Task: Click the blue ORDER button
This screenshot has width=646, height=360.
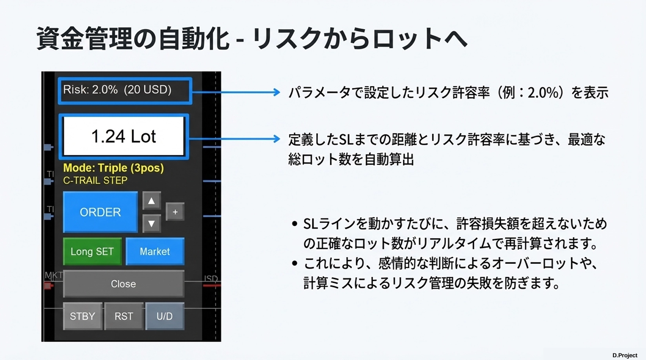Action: (x=100, y=212)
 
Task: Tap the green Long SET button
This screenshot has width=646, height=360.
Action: (x=92, y=251)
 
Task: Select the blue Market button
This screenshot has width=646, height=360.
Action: (x=155, y=251)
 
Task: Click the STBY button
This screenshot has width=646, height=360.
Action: (x=82, y=316)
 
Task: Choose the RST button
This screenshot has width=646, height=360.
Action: (x=124, y=316)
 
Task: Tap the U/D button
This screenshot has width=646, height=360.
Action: (x=164, y=316)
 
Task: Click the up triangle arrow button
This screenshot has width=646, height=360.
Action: (x=151, y=201)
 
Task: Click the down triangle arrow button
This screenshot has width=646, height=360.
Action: (x=151, y=224)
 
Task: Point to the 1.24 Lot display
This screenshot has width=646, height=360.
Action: (x=124, y=136)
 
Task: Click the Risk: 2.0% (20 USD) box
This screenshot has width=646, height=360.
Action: (x=125, y=90)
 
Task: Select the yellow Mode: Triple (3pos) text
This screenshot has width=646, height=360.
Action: (x=113, y=168)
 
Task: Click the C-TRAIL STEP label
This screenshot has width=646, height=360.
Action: (x=95, y=180)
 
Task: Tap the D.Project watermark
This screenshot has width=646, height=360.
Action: (x=625, y=355)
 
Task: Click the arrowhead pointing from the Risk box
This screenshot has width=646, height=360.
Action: (x=277, y=92)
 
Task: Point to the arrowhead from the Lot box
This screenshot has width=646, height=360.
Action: (x=277, y=138)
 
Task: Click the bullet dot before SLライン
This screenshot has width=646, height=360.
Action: (x=295, y=224)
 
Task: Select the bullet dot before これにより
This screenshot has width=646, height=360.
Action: (x=295, y=263)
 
